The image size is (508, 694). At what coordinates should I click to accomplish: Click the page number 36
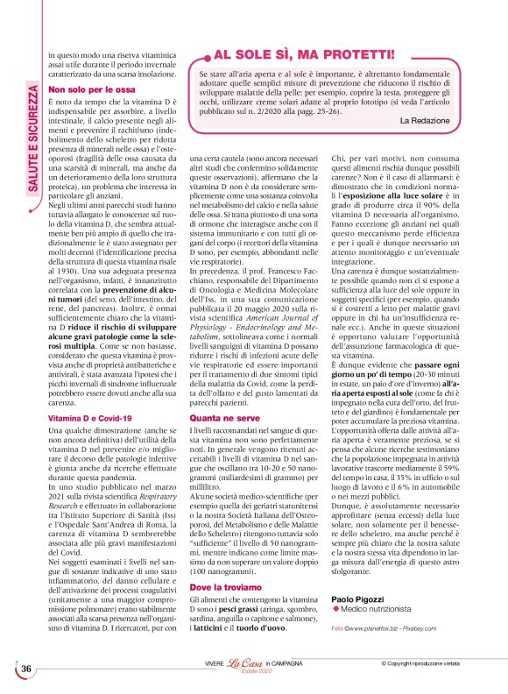coord(26,669)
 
